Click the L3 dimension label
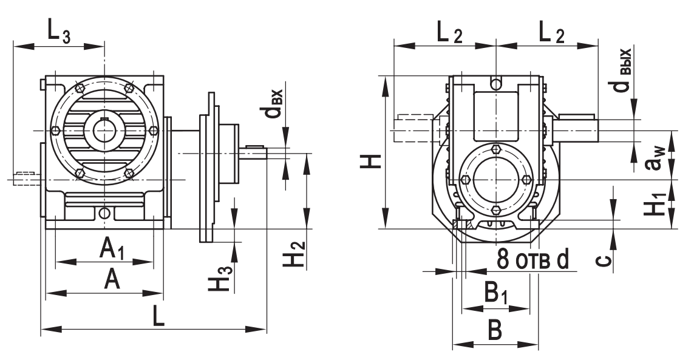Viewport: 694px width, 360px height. tap(60, 33)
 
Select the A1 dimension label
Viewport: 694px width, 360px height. tap(112, 248)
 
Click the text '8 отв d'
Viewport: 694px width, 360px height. tap(533, 259)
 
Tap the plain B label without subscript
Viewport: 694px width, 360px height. tap(495, 330)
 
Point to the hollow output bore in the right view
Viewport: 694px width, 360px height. tap(495, 179)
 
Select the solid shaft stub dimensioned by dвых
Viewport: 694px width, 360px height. tap(577, 128)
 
